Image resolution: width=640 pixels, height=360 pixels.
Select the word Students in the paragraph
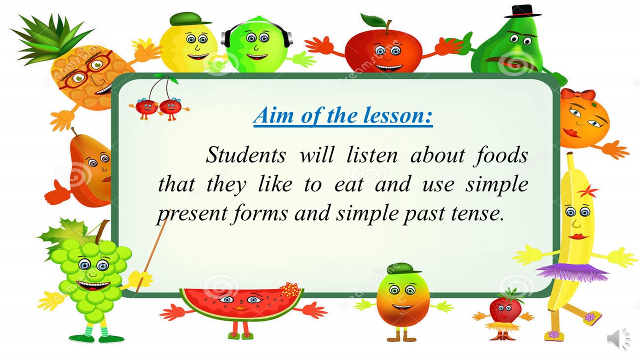pos(245,155)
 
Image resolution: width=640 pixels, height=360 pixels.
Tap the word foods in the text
pos(500,155)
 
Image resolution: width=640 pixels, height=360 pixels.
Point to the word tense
pos(477,213)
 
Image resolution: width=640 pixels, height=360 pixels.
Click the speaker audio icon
pos(618,339)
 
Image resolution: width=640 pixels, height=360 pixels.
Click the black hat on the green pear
pos(522,11)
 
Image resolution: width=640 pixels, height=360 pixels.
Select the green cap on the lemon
pos(189,19)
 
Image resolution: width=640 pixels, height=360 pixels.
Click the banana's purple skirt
pos(572,271)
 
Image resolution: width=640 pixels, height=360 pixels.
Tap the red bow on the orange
pos(577,94)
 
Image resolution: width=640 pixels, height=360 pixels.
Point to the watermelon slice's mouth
pos(240,308)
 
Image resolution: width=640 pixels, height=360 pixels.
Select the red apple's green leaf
pos(373,20)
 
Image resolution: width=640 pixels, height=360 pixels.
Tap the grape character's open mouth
pos(93,285)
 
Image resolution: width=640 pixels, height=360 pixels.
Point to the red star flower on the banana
pos(588,191)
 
